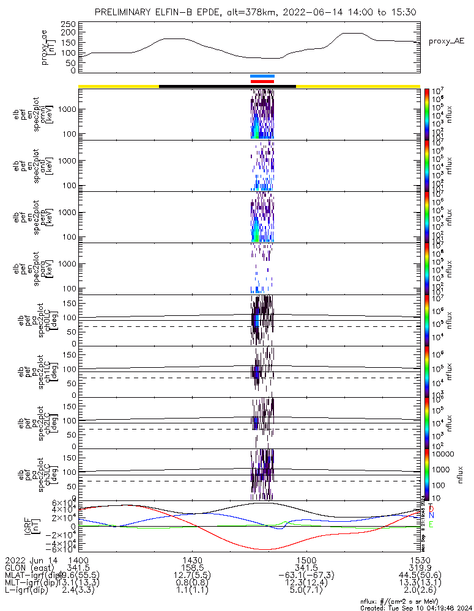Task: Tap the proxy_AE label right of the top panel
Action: (x=446, y=41)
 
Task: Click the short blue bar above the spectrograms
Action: (x=262, y=76)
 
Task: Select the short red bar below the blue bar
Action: (x=262, y=81)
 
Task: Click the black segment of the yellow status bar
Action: (x=227, y=86)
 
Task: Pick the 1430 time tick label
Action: (x=192, y=559)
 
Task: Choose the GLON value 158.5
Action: (x=192, y=567)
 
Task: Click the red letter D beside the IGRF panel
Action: (x=432, y=508)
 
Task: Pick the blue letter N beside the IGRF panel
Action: (x=432, y=516)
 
